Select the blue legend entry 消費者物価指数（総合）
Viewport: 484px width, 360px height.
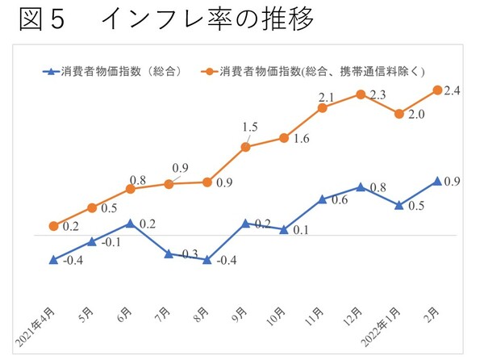[x=121, y=71]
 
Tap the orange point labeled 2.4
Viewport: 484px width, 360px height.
[x=437, y=90]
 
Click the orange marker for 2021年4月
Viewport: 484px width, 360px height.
[x=53, y=226]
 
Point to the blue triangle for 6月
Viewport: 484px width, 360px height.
[x=130, y=223]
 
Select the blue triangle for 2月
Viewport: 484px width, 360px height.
[x=437, y=181]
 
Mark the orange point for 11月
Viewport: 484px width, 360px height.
[x=323, y=107]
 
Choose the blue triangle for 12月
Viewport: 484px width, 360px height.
[x=360, y=186]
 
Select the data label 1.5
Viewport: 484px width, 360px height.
[x=250, y=128]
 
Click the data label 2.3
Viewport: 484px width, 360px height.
[x=378, y=95]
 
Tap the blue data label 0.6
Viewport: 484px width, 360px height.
[x=340, y=200]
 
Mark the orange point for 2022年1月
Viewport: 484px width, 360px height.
[x=399, y=114]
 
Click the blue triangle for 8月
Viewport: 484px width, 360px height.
[x=207, y=259]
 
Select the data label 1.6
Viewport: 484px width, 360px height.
[x=300, y=139]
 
